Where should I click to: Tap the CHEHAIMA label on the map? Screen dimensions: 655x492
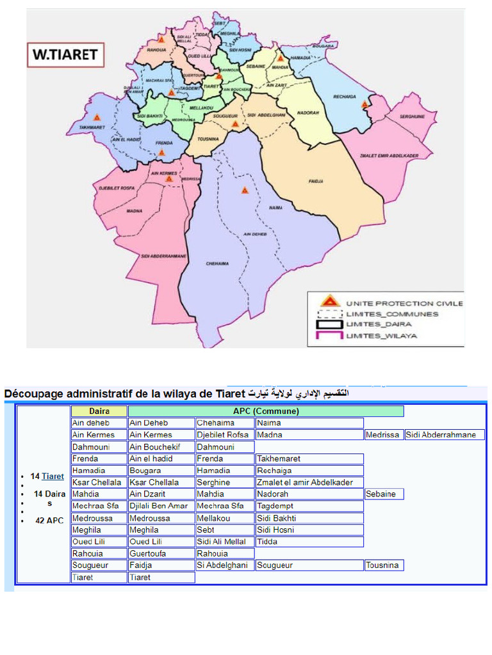(217, 263)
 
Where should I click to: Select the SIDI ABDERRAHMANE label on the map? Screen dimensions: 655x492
(163, 256)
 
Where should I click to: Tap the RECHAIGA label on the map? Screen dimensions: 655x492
(343, 97)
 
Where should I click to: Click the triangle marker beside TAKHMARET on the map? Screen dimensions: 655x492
(97, 118)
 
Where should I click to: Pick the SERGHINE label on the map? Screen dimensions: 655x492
(412, 116)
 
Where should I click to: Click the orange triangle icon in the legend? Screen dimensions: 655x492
(330, 301)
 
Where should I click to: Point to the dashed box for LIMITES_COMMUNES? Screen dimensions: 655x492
(329, 313)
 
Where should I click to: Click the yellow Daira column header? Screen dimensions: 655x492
(99, 411)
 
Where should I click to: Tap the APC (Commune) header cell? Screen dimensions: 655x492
(265, 411)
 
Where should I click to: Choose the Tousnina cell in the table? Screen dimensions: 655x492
(384, 565)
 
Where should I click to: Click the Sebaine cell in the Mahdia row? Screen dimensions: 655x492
(384, 494)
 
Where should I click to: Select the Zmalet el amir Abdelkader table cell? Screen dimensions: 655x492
(309, 482)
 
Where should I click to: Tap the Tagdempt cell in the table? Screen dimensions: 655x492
(309, 506)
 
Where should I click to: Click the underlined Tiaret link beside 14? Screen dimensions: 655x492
(53, 477)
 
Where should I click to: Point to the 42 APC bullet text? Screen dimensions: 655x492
(49, 521)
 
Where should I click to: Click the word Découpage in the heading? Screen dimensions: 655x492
(35, 393)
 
